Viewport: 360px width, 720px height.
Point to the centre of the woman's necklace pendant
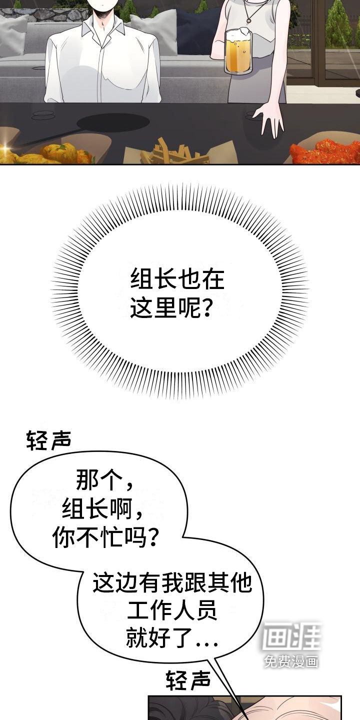click(249, 21)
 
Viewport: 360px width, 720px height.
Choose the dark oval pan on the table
click(113, 122)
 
